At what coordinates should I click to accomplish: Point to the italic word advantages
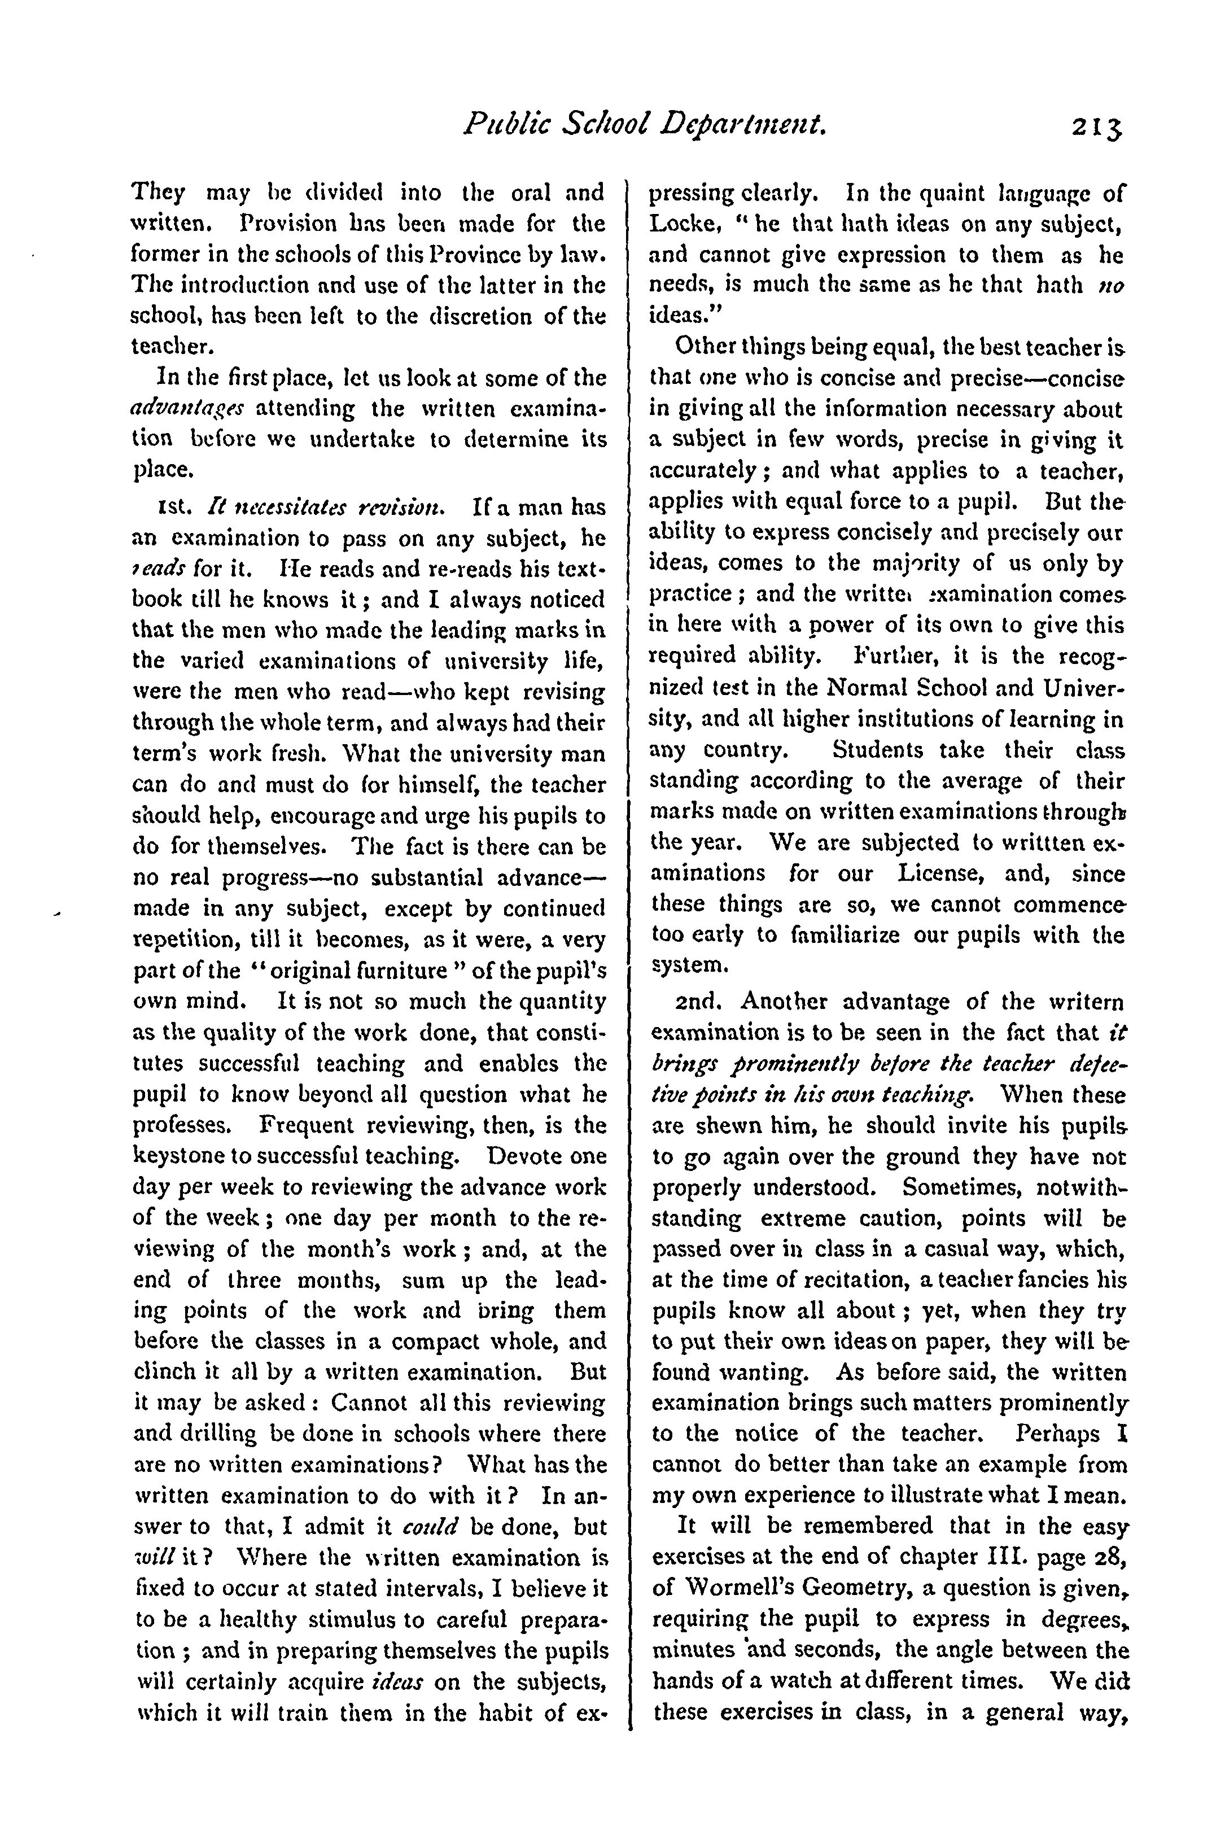click(187, 409)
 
